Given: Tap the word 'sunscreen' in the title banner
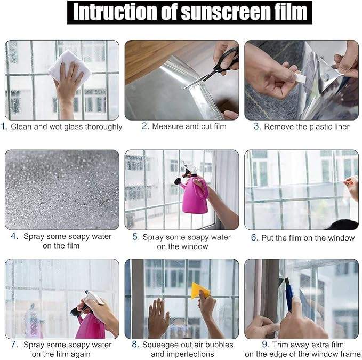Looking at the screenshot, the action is point(226,12).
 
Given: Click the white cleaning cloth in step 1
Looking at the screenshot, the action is point(70,66).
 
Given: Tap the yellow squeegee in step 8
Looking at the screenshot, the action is point(200,290).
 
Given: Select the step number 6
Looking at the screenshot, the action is point(254,238).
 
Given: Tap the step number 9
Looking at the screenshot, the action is point(266,345).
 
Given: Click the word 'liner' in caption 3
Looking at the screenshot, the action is point(342,126).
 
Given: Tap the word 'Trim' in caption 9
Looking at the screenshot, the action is point(280,345).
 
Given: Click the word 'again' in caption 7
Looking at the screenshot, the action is point(80,355).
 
